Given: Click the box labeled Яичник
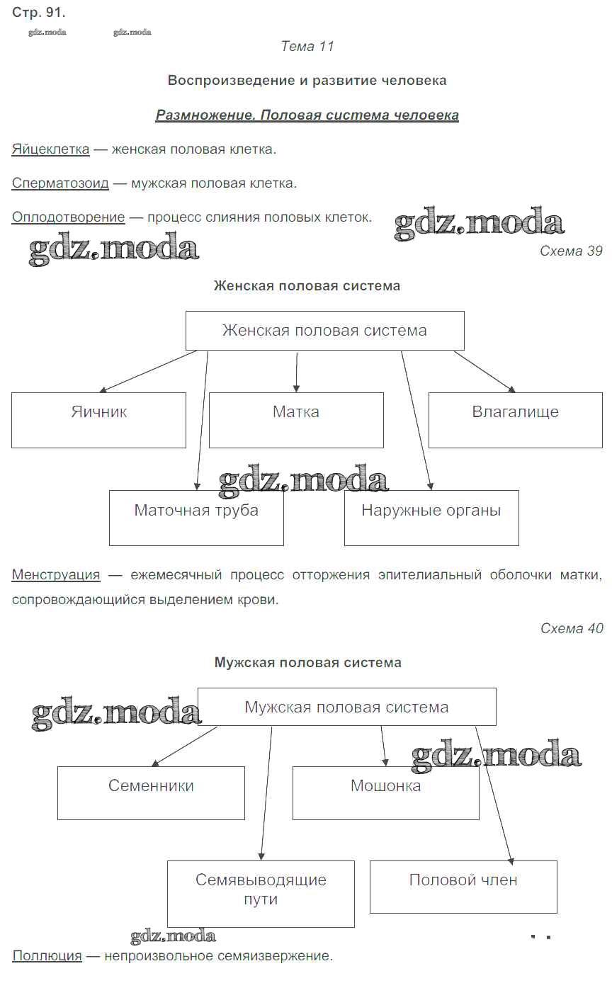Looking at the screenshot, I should [x=98, y=420].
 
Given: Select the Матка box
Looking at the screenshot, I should [x=296, y=420].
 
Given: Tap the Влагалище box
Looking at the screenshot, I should [x=515, y=420].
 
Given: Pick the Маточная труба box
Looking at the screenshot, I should [x=196, y=518].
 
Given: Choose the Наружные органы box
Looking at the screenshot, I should [x=431, y=518].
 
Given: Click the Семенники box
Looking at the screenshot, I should [x=151, y=792].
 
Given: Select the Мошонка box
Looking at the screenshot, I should [x=385, y=792].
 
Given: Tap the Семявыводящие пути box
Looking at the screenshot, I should [x=261, y=893].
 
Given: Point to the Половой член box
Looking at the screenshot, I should [x=463, y=886].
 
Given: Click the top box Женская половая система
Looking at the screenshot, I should [x=324, y=331].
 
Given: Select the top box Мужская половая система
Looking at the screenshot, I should [x=346, y=707].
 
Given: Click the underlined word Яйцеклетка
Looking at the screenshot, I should [x=50, y=149].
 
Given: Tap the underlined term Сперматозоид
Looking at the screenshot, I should [x=60, y=183].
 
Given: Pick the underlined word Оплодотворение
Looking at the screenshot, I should [x=68, y=217].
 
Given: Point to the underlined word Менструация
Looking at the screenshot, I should [x=56, y=575].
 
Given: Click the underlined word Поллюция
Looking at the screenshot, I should [x=47, y=956].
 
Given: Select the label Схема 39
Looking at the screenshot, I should [x=571, y=251].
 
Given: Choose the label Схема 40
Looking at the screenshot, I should [x=572, y=628].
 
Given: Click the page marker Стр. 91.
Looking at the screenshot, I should [x=38, y=13].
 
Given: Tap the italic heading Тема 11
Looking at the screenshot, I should [x=307, y=47].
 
